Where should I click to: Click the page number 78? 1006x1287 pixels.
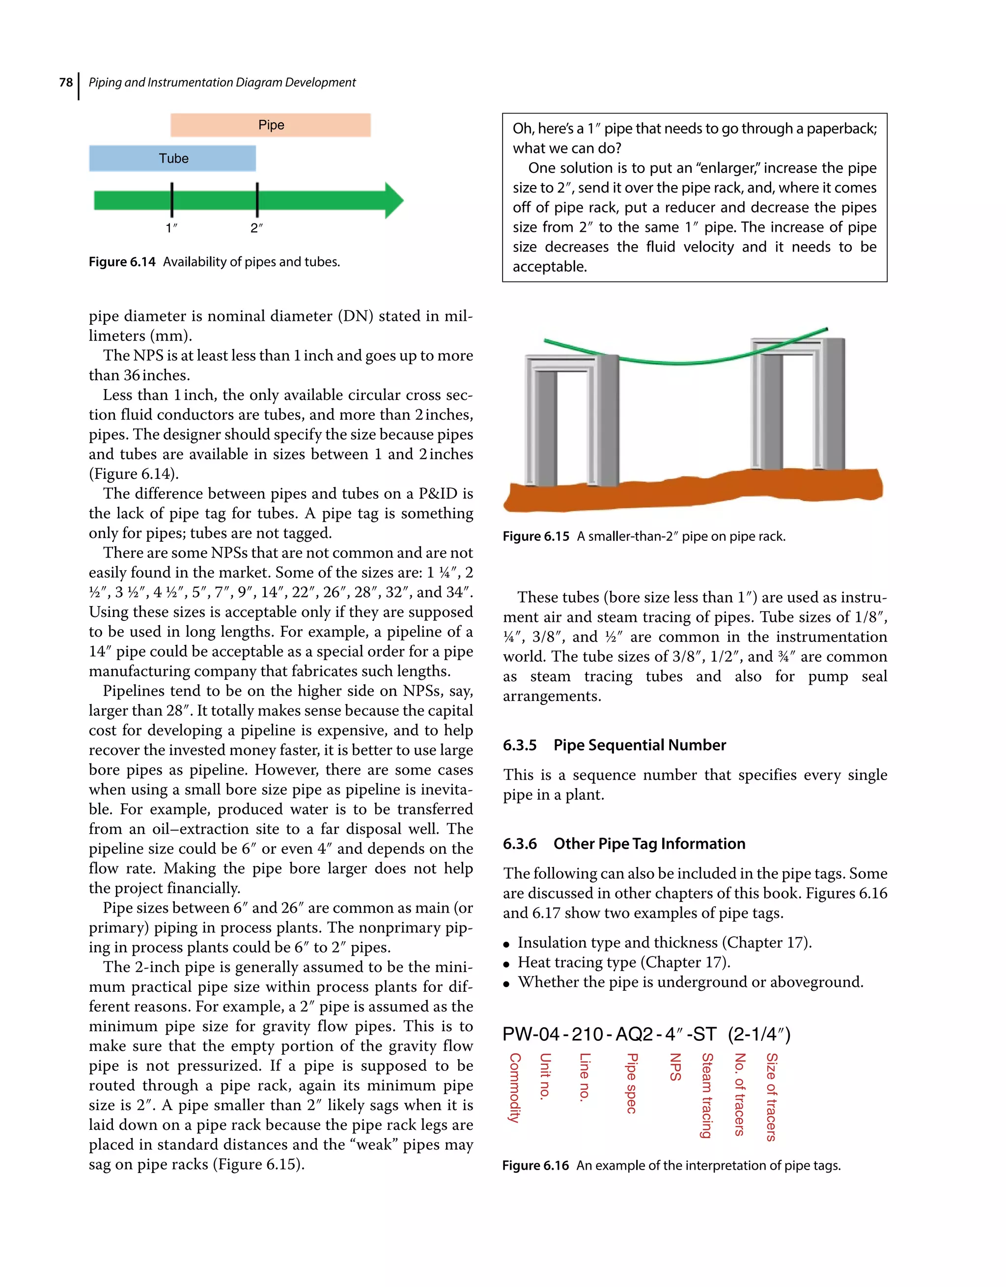pyautogui.click(x=65, y=83)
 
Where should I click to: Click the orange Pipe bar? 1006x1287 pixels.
pyautogui.click(x=271, y=125)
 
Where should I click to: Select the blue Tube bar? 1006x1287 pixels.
pyautogui.click(x=173, y=159)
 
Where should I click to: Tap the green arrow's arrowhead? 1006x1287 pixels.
pyautogui.click(x=393, y=200)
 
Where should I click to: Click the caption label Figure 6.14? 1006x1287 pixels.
pyautogui.click(x=121, y=262)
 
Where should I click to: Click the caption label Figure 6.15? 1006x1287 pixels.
pyautogui.click(x=536, y=536)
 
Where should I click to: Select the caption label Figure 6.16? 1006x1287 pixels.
pyautogui.click(x=535, y=1166)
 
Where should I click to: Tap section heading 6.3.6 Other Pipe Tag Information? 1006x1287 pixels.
pyautogui.click(x=623, y=843)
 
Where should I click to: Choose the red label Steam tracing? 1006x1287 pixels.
pyautogui.click(x=707, y=1095)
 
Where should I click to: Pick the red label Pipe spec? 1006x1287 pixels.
pyautogui.click(x=631, y=1083)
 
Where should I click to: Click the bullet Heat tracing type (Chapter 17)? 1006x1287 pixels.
pyautogui.click(x=623, y=962)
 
